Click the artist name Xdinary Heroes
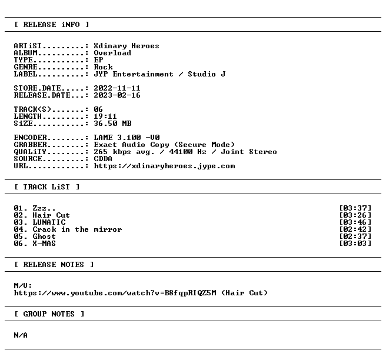coord(127,46)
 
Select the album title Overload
coord(112,53)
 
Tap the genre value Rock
coord(103,67)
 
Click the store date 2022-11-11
coord(117,88)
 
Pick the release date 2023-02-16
coord(117,95)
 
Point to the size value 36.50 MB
coord(112,124)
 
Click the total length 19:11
coord(105,116)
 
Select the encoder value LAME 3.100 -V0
coord(127,137)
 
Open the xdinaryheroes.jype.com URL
coord(164,166)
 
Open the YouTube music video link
coord(115,293)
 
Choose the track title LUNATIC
coord(49,222)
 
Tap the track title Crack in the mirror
coord(77,229)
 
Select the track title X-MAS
coord(44,244)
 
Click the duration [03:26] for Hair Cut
coord(355,215)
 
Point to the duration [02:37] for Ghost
coord(355,236)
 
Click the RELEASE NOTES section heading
coord(54,265)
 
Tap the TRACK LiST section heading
coord(46,187)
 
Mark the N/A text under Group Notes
coord(21,335)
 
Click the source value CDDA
coord(103,159)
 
